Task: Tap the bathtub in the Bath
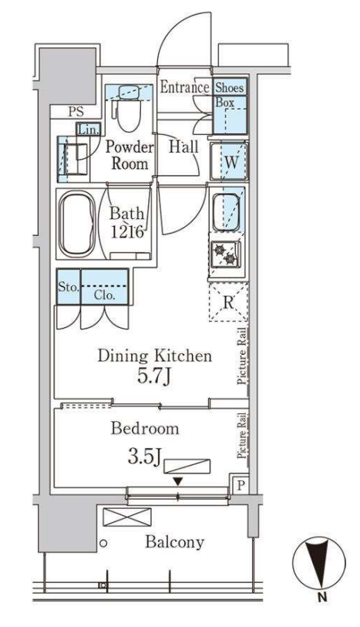(x=77, y=224)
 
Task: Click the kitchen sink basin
(x=226, y=213)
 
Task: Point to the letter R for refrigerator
(x=228, y=303)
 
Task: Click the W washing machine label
(x=231, y=163)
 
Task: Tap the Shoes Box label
(x=230, y=94)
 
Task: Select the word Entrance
(x=184, y=87)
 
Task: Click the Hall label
(x=183, y=147)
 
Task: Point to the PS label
(x=76, y=112)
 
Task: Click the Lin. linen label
(x=89, y=129)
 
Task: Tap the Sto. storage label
(x=69, y=287)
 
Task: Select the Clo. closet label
(x=105, y=295)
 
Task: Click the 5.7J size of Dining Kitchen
(x=154, y=376)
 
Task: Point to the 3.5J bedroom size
(x=144, y=457)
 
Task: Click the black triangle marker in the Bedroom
(x=178, y=482)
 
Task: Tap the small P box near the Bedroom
(x=240, y=485)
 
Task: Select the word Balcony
(x=175, y=542)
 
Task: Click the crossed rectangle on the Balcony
(x=127, y=517)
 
